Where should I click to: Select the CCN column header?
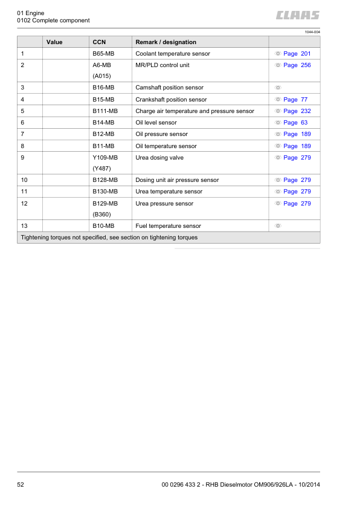click(x=99, y=42)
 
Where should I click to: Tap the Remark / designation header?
click(x=166, y=42)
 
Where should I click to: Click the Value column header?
click(x=54, y=42)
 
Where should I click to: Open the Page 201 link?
click(x=297, y=54)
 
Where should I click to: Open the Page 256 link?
click(x=297, y=65)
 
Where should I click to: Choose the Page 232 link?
click(x=297, y=111)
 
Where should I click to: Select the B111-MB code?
click(x=104, y=111)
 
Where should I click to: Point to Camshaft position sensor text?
click(x=169, y=88)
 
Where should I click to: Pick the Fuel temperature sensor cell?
click(x=169, y=226)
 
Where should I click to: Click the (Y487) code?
click(x=101, y=169)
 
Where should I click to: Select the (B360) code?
click(x=101, y=215)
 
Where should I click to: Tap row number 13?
click(x=24, y=226)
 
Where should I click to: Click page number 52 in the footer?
click(x=21, y=484)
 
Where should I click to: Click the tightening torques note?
click(x=109, y=238)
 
